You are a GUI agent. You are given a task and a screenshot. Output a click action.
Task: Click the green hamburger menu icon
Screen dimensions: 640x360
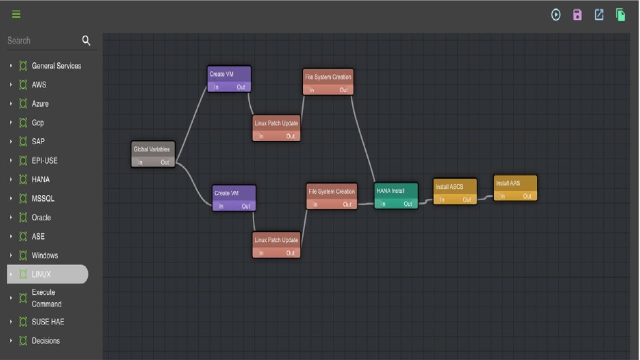coord(16,14)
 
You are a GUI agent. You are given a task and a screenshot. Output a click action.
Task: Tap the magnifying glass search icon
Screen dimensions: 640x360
coord(86,41)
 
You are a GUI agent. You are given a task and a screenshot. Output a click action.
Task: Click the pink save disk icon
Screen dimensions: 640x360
coord(577,15)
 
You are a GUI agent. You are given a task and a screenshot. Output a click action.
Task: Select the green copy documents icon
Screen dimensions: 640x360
coord(620,15)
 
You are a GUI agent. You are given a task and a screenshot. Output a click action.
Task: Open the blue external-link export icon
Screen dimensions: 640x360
coord(599,15)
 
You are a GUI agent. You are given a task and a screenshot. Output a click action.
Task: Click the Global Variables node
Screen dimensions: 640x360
coord(153,154)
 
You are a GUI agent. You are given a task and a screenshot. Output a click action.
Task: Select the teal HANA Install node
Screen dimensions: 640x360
coord(396,196)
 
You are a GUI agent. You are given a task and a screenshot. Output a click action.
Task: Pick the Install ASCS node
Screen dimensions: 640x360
coord(455,191)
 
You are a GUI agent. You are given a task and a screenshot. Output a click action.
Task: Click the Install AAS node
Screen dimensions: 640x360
coord(515,188)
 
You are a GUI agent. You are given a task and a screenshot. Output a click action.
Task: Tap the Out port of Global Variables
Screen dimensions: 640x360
coord(165,162)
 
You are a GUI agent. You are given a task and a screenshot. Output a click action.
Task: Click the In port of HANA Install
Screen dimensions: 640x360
coord(383,204)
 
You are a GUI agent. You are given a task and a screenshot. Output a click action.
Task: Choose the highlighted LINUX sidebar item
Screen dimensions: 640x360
coord(48,274)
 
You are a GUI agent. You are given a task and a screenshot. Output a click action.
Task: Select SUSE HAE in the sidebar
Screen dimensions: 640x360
coord(48,322)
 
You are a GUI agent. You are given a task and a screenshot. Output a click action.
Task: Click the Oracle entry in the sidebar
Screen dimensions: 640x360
coord(41,217)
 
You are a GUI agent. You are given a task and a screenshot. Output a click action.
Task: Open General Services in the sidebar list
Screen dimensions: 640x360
coord(56,66)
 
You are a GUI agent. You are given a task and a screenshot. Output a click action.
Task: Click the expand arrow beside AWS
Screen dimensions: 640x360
coord(11,85)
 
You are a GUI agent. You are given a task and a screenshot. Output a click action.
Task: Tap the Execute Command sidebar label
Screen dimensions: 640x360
coord(46,298)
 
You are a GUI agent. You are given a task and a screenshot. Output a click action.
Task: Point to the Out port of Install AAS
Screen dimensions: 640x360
coord(527,196)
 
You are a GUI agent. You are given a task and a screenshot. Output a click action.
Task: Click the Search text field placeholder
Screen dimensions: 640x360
coord(19,41)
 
